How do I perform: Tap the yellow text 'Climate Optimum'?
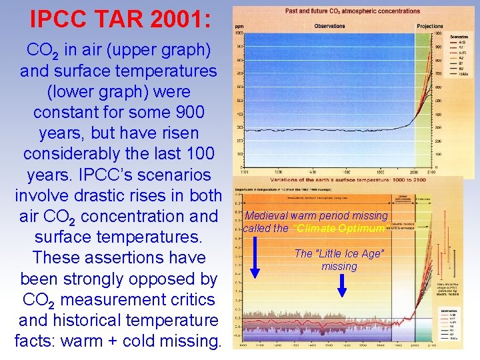pyautogui.click(x=339, y=229)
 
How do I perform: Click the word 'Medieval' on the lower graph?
pyautogui.click(x=266, y=216)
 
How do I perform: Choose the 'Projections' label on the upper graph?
pyautogui.click(x=429, y=26)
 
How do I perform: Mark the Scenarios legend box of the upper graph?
pyautogui.click(x=457, y=54)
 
